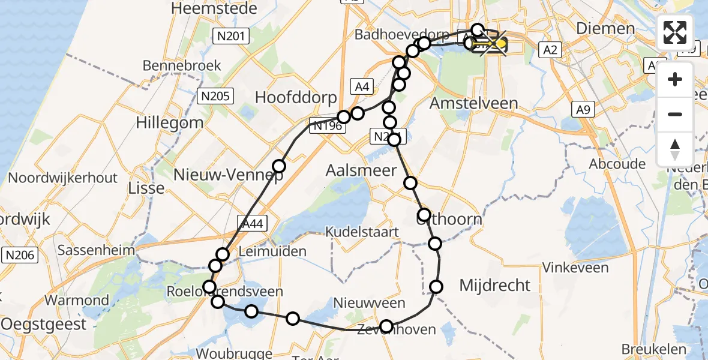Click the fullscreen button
(x=675, y=32)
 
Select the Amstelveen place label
(x=474, y=103)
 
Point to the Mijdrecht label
(x=495, y=285)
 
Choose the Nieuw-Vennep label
(x=228, y=175)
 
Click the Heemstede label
(x=214, y=8)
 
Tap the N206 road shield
(x=20, y=255)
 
